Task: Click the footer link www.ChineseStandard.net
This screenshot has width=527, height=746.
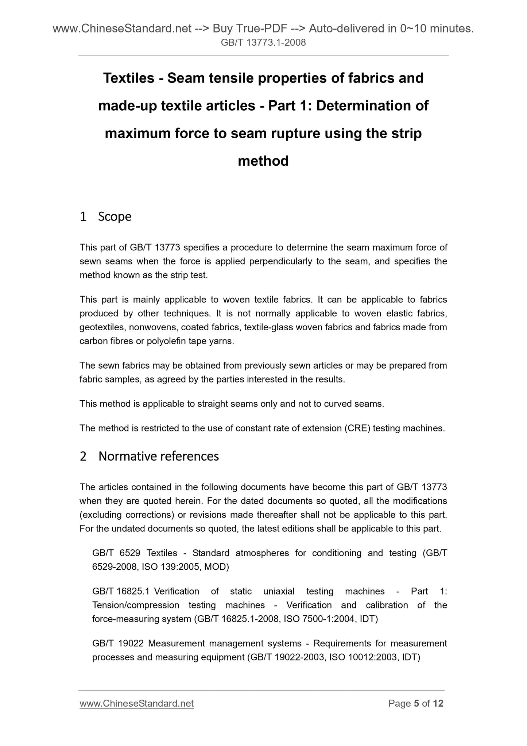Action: pyautogui.click(x=136, y=703)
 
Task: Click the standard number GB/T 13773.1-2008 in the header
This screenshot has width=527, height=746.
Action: pyautogui.click(x=263, y=43)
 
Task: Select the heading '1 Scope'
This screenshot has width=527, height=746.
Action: pyautogui.click(x=105, y=216)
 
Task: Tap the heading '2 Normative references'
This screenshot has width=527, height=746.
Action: pyautogui.click(x=149, y=456)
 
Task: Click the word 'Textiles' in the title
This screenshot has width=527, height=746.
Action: pyautogui.click(x=129, y=78)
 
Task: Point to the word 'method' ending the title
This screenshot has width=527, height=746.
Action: pyautogui.click(x=263, y=161)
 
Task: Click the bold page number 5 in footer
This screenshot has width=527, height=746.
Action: pyautogui.click(x=416, y=703)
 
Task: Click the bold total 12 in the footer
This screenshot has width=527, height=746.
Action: pyautogui.click(x=438, y=703)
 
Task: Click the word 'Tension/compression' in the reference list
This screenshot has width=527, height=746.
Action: pyautogui.click(x=136, y=605)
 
